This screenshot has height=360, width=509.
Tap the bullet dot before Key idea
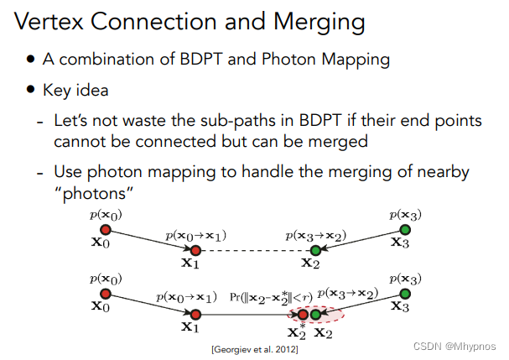tap(31, 90)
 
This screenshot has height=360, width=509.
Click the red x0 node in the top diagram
tap(106, 229)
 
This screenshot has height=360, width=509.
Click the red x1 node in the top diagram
tap(195, 249)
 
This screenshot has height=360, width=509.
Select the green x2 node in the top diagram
tap(315, 249)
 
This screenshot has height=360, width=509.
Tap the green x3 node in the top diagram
tap(405, 229)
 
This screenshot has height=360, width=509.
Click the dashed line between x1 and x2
tap(255, 249)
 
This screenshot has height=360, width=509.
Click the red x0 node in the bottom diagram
tap(106, 293)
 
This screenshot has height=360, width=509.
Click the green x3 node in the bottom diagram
tap(405, 293)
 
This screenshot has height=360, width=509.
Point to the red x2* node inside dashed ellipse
tap(303, 315)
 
